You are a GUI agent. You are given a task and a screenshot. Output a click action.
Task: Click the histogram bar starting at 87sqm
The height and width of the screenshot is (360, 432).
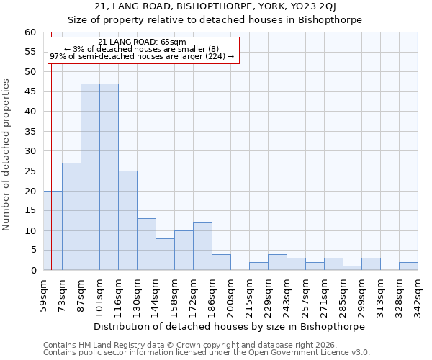(x=90, y=177)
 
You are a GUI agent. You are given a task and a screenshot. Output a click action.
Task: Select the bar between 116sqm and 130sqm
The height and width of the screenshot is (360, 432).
(x=127, y=220)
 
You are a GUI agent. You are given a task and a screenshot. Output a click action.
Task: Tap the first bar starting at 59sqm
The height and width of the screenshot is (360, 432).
(x=53, y=230)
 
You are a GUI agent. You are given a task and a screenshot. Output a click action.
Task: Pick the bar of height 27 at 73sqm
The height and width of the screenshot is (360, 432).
(x=71, y=217)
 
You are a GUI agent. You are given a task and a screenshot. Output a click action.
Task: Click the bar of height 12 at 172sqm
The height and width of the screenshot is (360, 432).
(x=202, y=246)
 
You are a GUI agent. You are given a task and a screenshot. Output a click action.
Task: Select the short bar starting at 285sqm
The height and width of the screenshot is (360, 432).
(x=352, y=268)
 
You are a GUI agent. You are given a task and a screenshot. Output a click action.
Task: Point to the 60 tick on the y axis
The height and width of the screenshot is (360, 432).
(x=30, y=32)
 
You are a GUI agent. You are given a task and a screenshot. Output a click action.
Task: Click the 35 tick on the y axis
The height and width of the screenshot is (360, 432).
(x=30, y=132)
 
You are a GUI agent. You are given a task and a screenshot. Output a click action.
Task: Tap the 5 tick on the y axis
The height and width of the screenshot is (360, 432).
(x=33, y=251)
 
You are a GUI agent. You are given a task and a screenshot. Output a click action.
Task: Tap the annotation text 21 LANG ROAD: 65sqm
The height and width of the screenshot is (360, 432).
(x=142, y=42)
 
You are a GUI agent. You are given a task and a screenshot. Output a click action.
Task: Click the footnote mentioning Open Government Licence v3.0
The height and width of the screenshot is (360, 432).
(x=207, y=352)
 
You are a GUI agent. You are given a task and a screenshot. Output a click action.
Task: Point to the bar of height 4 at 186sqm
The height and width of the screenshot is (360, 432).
(x=221, y=262)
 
